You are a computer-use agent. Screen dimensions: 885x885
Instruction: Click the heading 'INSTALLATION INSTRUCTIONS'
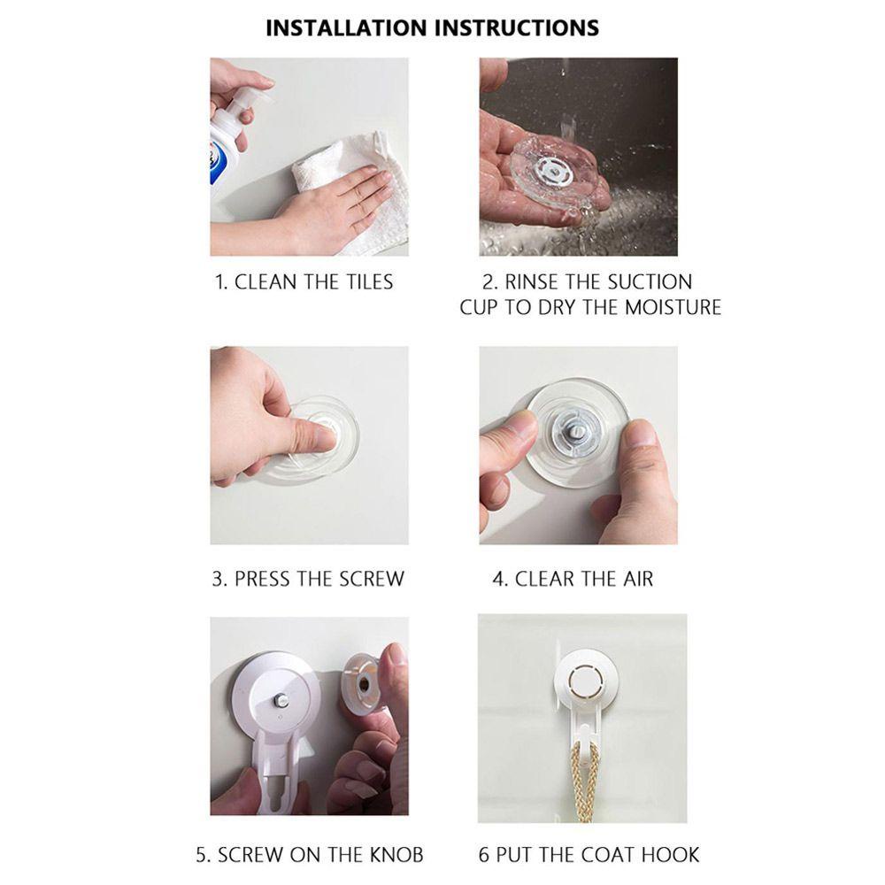(x=432, y=27)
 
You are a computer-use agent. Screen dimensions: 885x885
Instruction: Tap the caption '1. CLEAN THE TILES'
(x=304, y=282)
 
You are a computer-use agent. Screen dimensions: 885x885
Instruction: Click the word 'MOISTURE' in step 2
(x=673, y=307)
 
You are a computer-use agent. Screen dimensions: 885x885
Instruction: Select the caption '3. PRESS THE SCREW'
(x=308, y=580)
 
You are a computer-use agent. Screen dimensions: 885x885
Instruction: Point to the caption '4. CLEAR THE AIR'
(x=573, y=580)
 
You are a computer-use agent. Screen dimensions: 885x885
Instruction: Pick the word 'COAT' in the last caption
(x=611, y=855)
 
